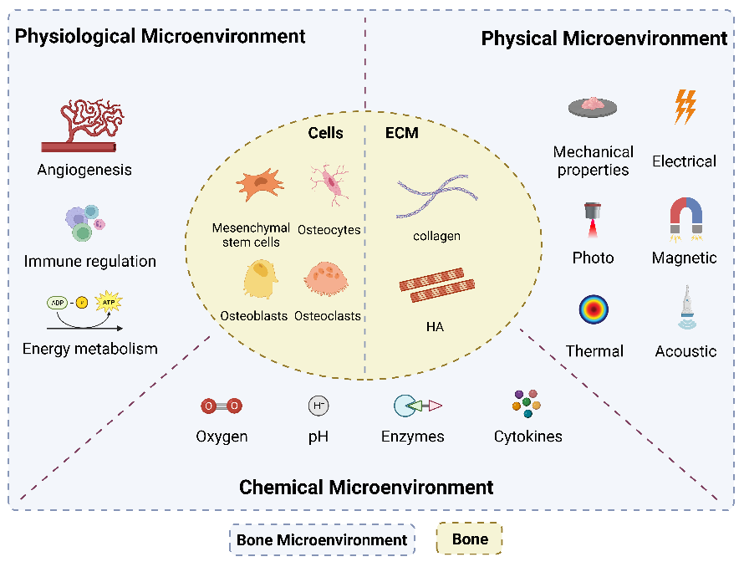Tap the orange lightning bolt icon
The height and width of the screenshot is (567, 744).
point(685,107)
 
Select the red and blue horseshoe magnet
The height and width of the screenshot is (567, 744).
point(685,218)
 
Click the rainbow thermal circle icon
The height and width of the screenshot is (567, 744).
point(594,309)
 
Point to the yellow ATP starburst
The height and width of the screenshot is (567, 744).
point(109,302)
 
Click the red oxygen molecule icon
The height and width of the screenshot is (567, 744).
point(222,406)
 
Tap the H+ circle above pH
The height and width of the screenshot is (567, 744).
point(318,406)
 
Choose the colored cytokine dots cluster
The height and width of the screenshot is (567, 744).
point(526,404)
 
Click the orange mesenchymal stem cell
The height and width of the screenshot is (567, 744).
point(260,185)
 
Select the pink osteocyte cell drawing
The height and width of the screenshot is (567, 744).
point(329,185)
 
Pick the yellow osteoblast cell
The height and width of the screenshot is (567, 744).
point(260,278)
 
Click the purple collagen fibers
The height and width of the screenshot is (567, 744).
point(437,197)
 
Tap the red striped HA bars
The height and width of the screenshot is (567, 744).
point(437,285)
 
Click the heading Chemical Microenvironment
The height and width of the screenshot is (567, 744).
point(366,488)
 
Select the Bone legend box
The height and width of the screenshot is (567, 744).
point(469,539)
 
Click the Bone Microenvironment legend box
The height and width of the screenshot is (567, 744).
point(322,539)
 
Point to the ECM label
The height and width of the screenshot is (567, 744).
point(402,133)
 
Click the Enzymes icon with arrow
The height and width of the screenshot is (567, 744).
point(417,406)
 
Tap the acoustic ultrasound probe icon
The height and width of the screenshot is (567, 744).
point(687,307)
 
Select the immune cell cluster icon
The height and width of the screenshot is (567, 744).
point(85,222)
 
